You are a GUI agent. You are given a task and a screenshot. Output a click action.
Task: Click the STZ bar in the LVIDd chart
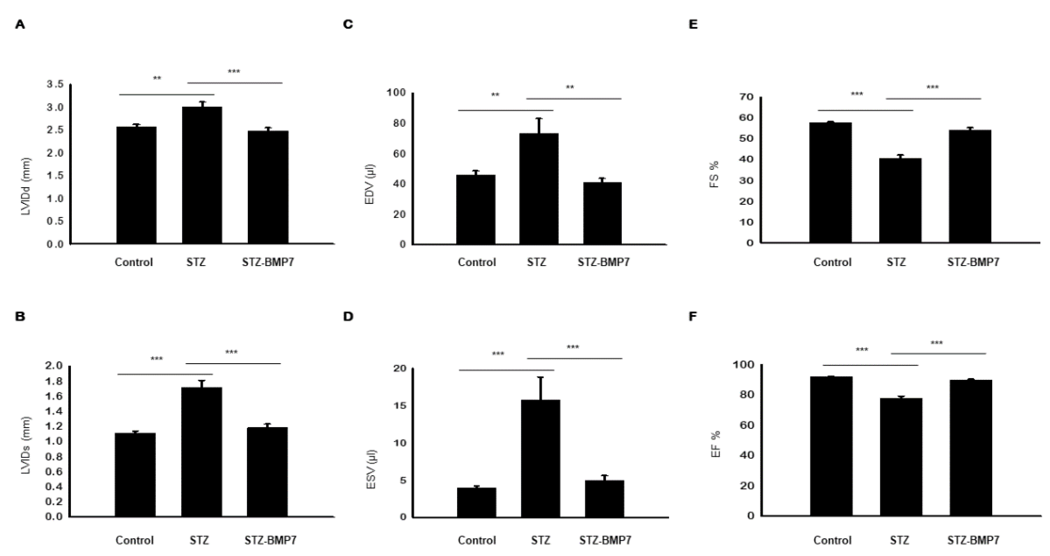click(x=202, y=175)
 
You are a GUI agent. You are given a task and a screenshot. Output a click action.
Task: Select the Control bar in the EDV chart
click(x=476, y=210)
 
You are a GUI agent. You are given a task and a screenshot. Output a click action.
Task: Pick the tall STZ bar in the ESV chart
click(x=540, y=459)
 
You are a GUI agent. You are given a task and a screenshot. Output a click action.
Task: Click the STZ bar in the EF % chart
click(x=901, y=457)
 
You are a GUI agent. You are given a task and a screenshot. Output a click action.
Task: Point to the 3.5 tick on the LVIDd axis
click(x=55, y=84)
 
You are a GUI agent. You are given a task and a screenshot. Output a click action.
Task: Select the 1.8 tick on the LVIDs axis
click(x=55, y=381)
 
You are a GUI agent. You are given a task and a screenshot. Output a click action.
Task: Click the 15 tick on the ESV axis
click(x=401, y=405)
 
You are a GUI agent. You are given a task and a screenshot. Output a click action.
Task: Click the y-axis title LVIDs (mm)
click(x=25, y=445)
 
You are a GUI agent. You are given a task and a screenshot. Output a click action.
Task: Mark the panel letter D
click(x=348, y=317)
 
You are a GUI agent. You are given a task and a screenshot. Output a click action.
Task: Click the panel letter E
click(x=693, y=25)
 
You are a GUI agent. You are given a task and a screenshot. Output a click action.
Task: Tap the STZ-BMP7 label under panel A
click(x=268, y=262)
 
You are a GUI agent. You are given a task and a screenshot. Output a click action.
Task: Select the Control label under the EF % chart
click(x=832, y=541)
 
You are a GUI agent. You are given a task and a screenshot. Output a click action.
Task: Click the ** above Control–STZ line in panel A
click(x=157, y=78)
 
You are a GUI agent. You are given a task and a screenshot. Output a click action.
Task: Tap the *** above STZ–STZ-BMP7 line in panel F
click(x=937, y=343)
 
